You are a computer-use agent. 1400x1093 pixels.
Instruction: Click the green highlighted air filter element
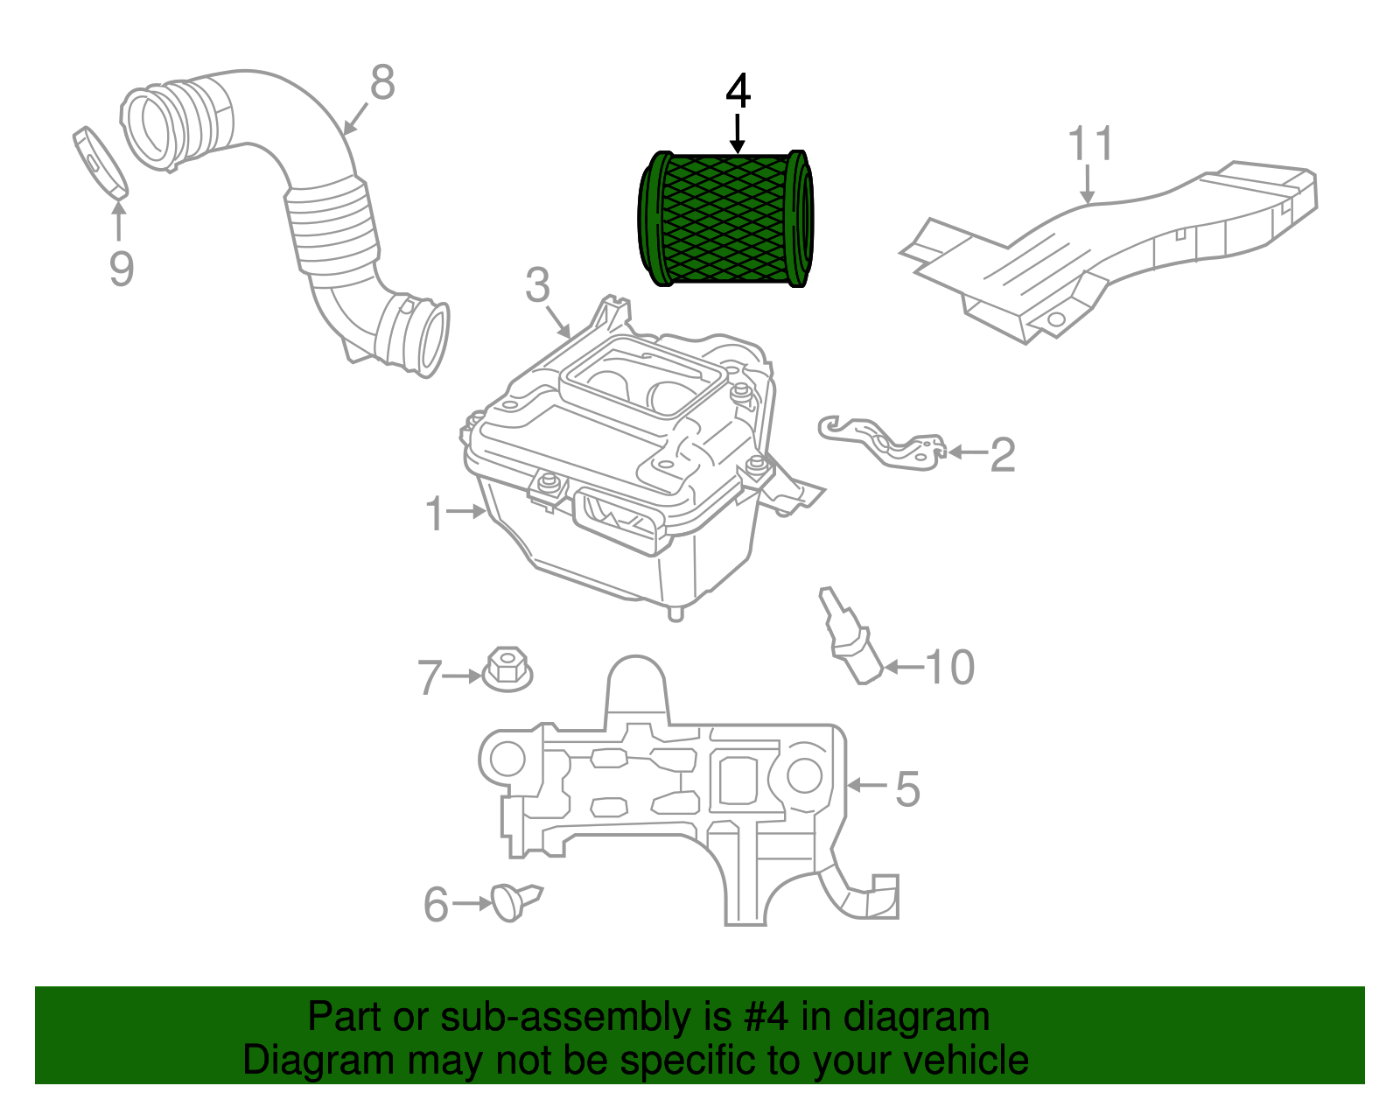tap(725, 219)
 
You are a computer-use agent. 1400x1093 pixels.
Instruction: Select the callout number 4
tap(738, 91)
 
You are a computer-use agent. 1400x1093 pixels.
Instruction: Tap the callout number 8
tap(382, 83)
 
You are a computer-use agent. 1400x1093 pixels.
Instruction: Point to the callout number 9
tap(121, 268)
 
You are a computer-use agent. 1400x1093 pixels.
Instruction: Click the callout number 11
tap(1091, 144)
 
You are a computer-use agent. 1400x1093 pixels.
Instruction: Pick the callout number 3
tap(537, 285)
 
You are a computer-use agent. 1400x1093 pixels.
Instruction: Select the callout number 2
tap(1003, 455)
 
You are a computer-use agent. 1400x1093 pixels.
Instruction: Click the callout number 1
tap(435, 514)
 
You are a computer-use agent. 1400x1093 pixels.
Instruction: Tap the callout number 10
tap(949, 668)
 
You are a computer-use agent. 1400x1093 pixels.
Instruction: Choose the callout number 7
tap(429, 677)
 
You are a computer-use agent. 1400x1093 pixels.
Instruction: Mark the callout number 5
tap(907, 788)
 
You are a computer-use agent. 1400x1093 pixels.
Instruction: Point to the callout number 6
tap(436, 905)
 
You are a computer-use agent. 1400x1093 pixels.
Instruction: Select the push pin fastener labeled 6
tap(516, 900)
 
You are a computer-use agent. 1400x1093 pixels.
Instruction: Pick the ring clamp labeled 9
tap(100, 162)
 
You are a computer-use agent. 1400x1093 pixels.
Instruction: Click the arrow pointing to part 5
tap(867, 786)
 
